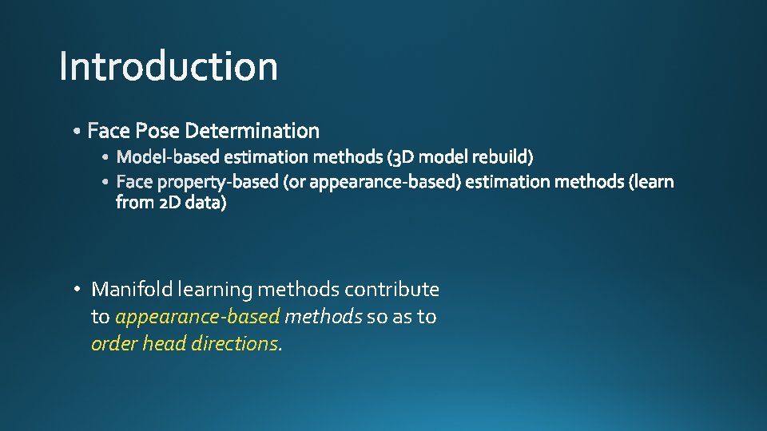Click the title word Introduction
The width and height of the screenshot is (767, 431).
click(x=169, y=66)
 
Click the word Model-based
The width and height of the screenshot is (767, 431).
click(x=168, y=156)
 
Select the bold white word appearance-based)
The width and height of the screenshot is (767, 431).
click(x=385, y=182)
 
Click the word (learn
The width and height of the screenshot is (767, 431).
click(x=651, y=182)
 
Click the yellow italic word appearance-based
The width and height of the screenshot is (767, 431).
click(x=197, y=317)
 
